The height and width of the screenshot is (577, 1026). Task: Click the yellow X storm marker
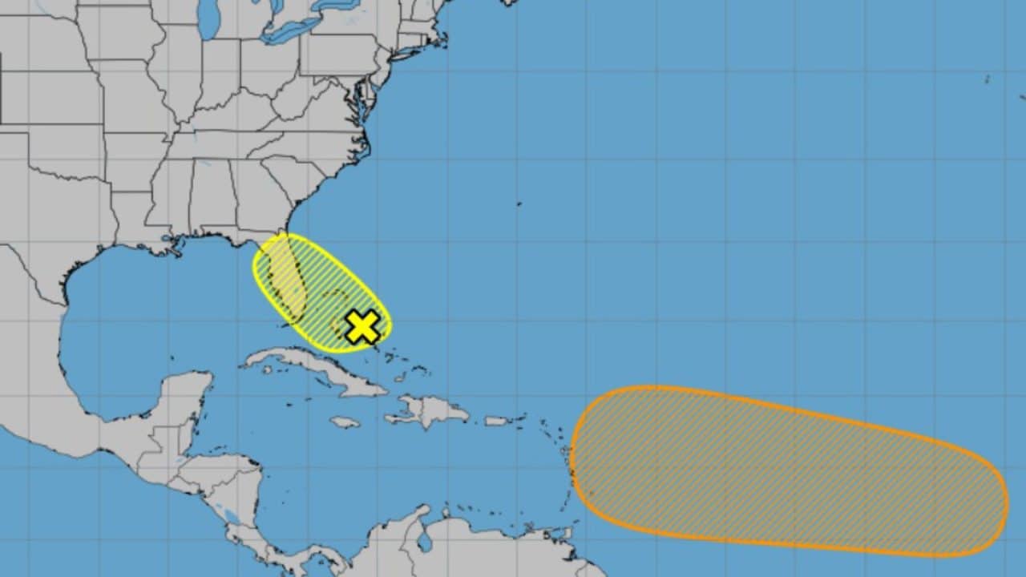362,326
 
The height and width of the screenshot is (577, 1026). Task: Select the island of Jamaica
345,422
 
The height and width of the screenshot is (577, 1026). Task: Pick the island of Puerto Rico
496,421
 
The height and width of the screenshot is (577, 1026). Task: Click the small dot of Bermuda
519,204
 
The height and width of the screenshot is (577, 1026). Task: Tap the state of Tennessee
212,145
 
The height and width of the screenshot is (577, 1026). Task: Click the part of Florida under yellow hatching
289,280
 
